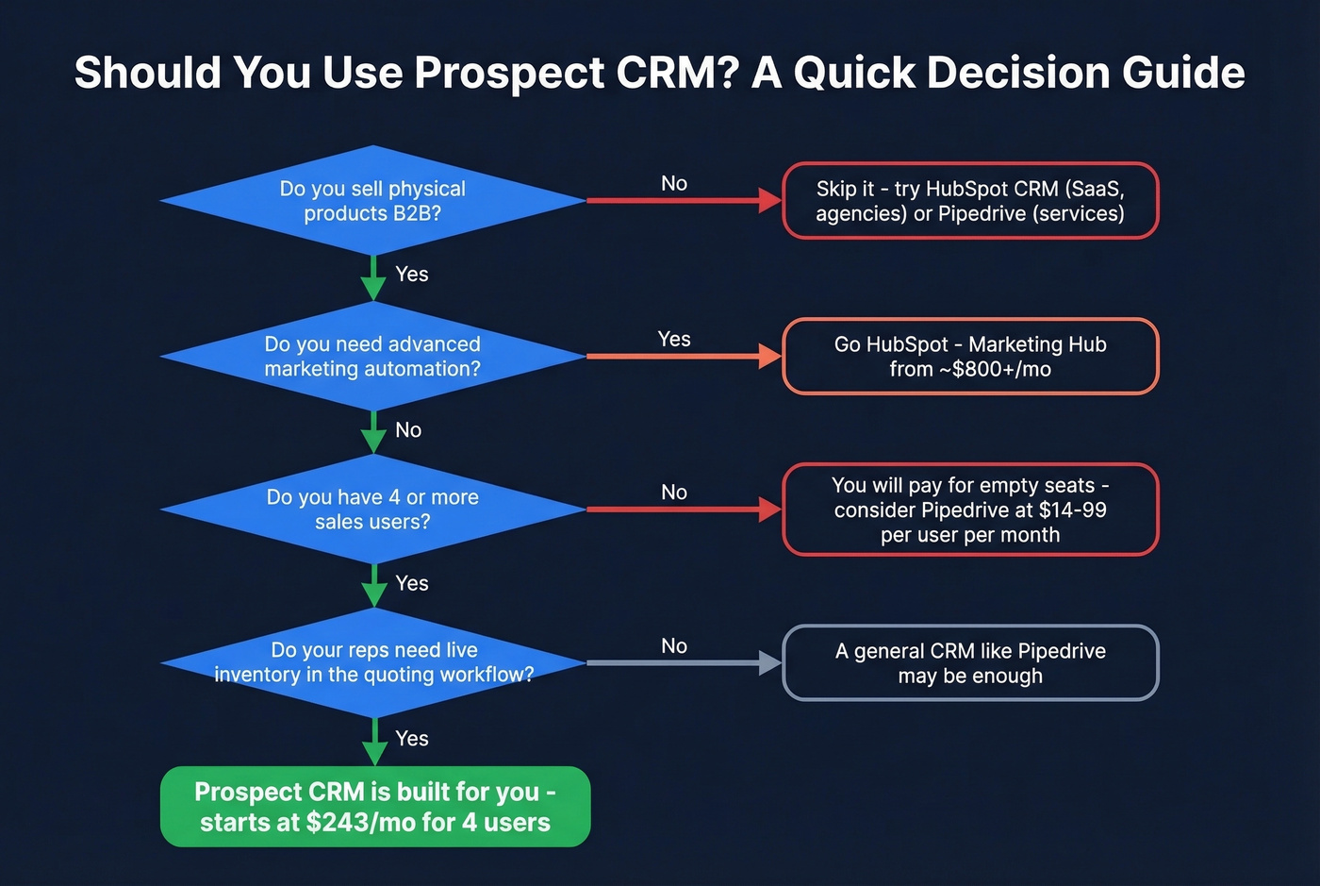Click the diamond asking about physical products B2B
pos(373,201)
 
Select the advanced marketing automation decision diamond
pos(373,357)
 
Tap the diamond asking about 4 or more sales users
pos(373,510)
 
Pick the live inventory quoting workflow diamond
pos(373,662)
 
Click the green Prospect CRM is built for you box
pos(375,807)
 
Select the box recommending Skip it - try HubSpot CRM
pos(970,201)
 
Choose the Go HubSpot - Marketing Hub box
pos(970,357)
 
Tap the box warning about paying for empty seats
pos(970,510)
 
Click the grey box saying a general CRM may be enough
pos(970,662)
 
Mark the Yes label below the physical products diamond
pos(412,275)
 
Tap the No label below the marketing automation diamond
pos(408,430)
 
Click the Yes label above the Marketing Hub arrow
pos(674,339)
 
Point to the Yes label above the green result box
pos(412,739)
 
